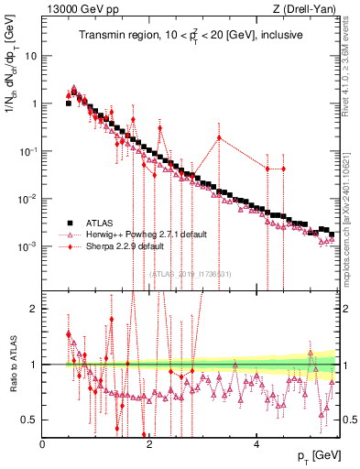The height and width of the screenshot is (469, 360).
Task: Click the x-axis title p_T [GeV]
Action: click(314, 456)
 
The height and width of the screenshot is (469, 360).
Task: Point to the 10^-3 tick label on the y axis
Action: click(27, 246)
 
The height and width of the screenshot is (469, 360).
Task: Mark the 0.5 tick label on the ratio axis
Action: click(30, 420)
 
